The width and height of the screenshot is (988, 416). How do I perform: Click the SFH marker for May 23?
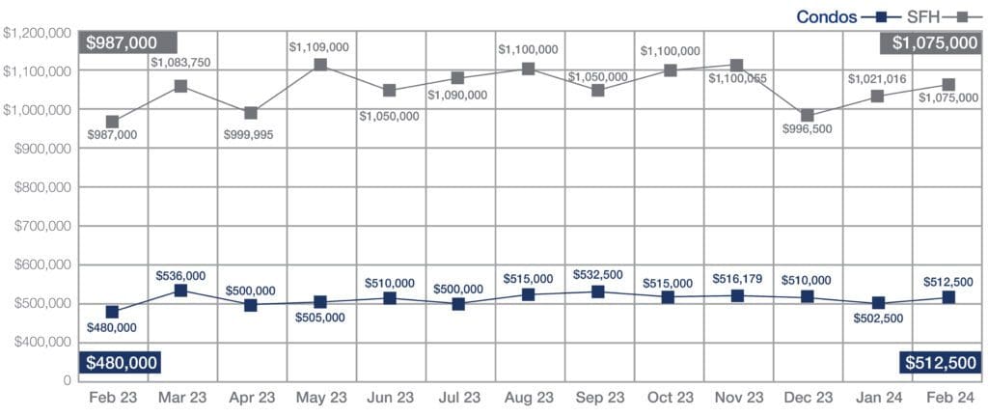320,65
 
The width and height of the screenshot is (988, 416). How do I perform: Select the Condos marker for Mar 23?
182,291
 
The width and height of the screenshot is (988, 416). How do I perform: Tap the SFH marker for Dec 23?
808,116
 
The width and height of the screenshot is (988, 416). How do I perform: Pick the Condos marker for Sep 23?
598,292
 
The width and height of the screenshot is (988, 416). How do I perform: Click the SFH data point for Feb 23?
113,123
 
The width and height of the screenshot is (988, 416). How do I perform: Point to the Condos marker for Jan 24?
877,304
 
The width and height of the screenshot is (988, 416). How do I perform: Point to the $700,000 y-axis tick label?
39,227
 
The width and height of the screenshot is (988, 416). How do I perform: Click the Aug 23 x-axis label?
529,398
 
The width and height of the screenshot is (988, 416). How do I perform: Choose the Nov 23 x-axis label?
738,398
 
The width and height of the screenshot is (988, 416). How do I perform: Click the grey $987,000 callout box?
128,42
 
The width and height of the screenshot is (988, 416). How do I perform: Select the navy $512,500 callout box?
941,362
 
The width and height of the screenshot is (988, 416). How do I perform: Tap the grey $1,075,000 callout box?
932,42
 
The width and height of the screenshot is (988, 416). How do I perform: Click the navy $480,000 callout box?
120,362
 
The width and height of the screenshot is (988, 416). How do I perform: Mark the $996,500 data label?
809,141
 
